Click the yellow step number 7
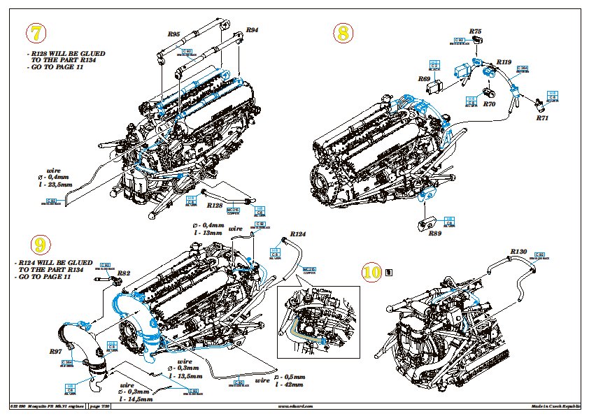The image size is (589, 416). point(35,33)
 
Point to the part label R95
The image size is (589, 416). point(174,34)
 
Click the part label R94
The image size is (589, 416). point(252,30)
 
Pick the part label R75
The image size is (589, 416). point(476,31)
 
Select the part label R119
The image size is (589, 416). point(504,62)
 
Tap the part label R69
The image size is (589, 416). point(424,79)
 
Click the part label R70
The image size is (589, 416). point(489,104)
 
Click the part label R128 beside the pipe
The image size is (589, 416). point(215,206)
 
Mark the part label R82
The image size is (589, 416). point(123,273)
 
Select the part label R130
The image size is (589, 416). point(518,251)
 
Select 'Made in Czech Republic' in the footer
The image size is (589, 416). point(556,406)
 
